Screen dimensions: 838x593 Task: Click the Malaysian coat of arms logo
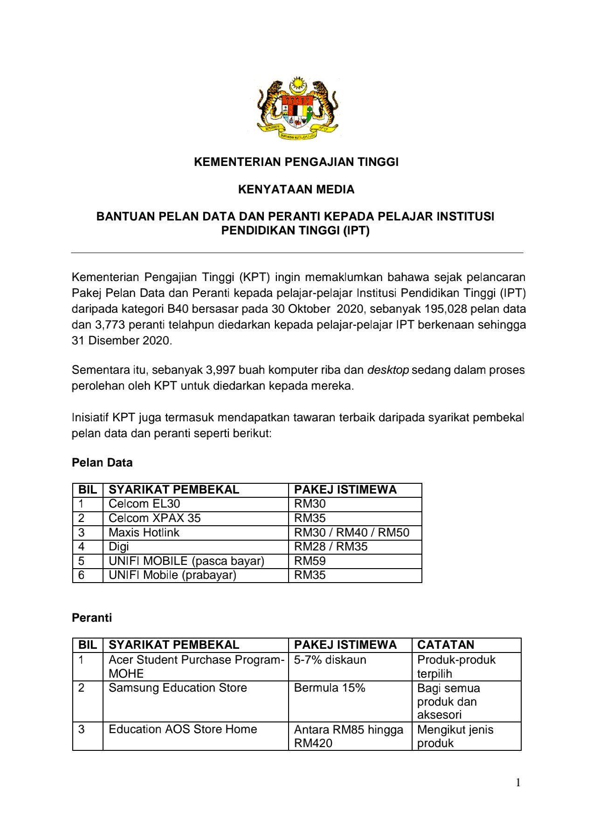297,108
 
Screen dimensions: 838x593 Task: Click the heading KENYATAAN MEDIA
296,189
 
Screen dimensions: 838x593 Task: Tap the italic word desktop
388,370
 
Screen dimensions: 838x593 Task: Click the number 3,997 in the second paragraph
221,370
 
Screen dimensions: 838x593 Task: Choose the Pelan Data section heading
102,463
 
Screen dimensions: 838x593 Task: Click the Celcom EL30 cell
144,504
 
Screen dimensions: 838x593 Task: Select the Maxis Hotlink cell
144,533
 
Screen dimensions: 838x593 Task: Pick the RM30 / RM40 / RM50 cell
352,533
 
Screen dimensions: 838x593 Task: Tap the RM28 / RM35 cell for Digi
331,547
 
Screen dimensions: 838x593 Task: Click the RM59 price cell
310,561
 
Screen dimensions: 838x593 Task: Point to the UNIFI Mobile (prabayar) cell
172,575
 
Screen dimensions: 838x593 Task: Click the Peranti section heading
92,618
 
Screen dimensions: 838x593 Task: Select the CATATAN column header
445,645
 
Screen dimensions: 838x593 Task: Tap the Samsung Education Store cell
178,688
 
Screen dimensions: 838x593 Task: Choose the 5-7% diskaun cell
330,660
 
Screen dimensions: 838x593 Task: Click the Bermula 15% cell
330,688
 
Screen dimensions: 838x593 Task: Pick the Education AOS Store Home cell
183,729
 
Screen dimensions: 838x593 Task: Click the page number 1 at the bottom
518,783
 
